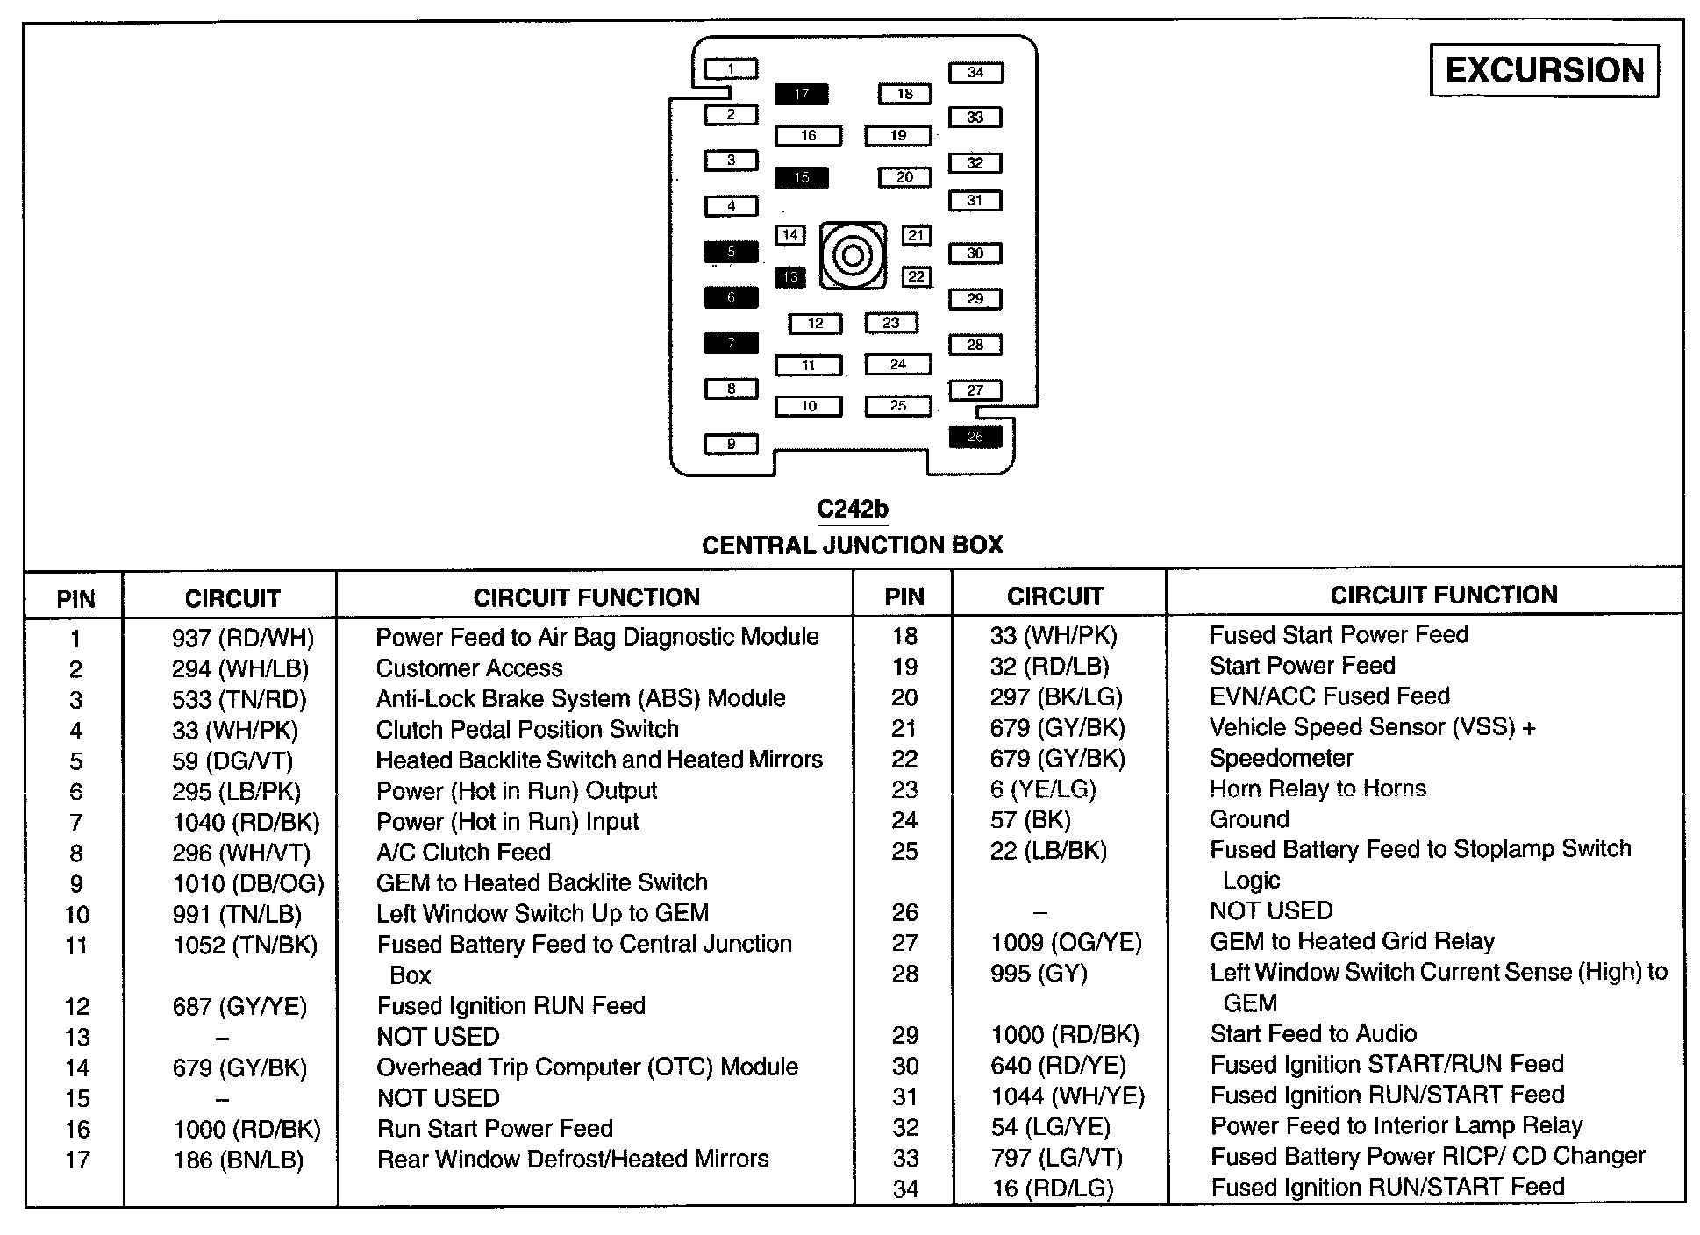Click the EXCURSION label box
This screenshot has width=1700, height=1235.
tap(1544, 70)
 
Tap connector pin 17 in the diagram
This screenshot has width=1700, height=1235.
tap(801, 94)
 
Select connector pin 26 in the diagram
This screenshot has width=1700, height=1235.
tap(975, 437)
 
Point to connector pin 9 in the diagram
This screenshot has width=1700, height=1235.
tap(731, 444)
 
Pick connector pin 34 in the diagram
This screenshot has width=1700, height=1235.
tap(975, 73)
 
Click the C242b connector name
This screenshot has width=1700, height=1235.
tap(853, 510)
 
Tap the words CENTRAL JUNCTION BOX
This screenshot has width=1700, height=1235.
tap(852, 546)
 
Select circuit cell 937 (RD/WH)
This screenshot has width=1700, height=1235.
tap(242, 638)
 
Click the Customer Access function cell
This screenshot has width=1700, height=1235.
tap(469, 668)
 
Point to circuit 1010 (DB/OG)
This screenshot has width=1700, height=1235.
tap(248, 883)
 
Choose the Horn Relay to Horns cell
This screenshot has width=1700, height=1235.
tap(1318, 789)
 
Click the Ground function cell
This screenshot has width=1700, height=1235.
tap(1249, 819)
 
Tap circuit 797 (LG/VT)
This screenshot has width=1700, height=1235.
tap(1057, 1158)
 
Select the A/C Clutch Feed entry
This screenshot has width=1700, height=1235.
tap(463, 853)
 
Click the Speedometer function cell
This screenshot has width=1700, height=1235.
tap(1281, 758)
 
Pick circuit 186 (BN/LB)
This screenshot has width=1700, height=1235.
tap(238, 1160)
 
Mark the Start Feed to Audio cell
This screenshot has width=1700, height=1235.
tap(1313, 1034)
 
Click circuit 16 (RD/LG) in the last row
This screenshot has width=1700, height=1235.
tap(1053, 1189)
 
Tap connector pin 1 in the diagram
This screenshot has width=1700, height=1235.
tap(731, 68)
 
